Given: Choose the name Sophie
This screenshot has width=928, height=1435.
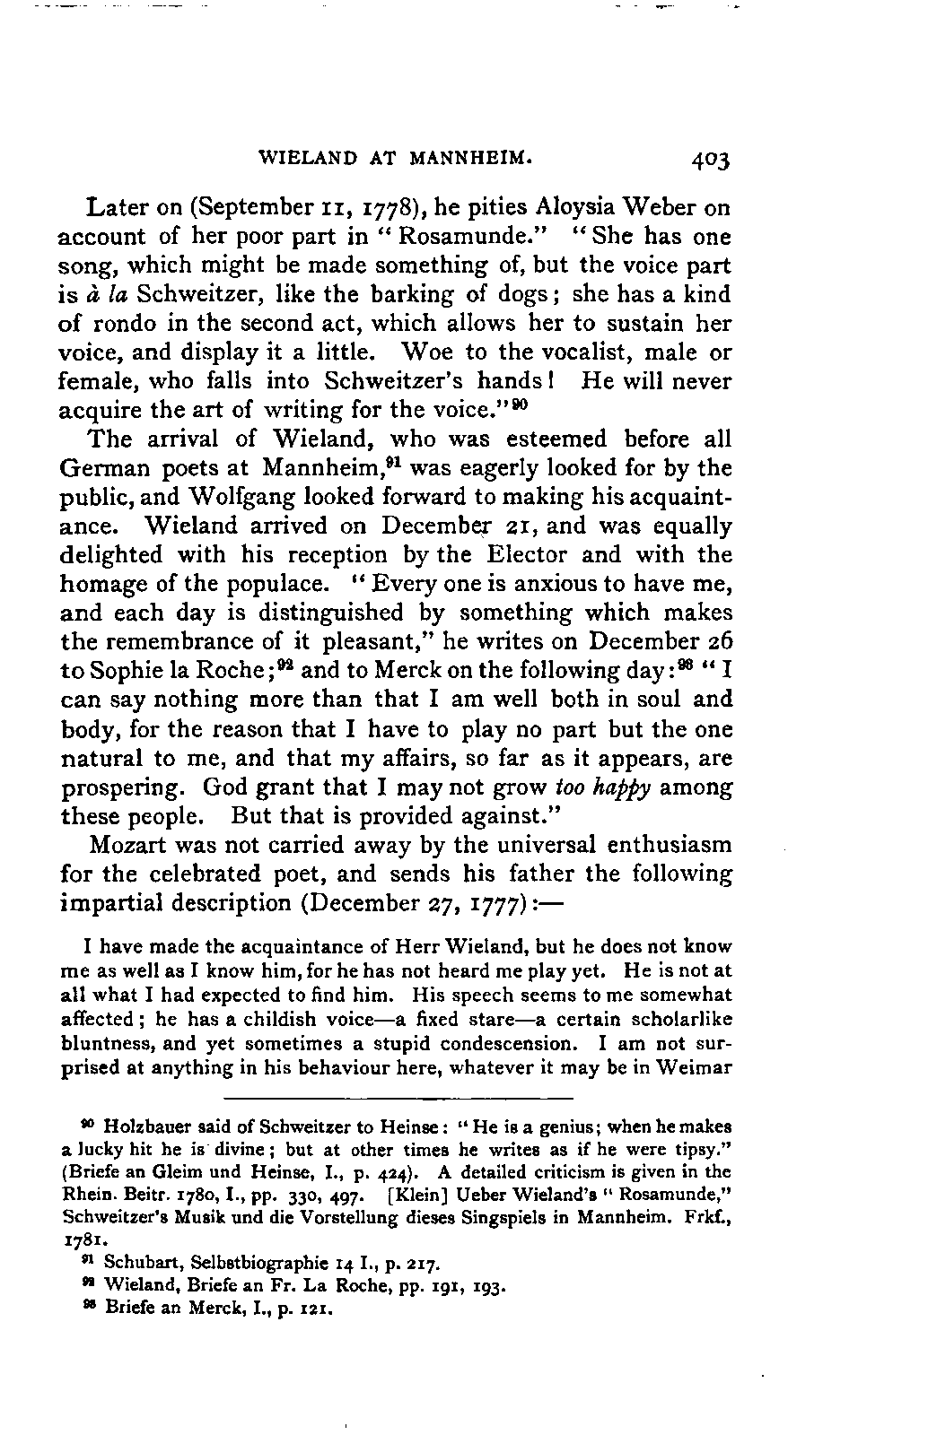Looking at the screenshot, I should pos(120,670).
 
